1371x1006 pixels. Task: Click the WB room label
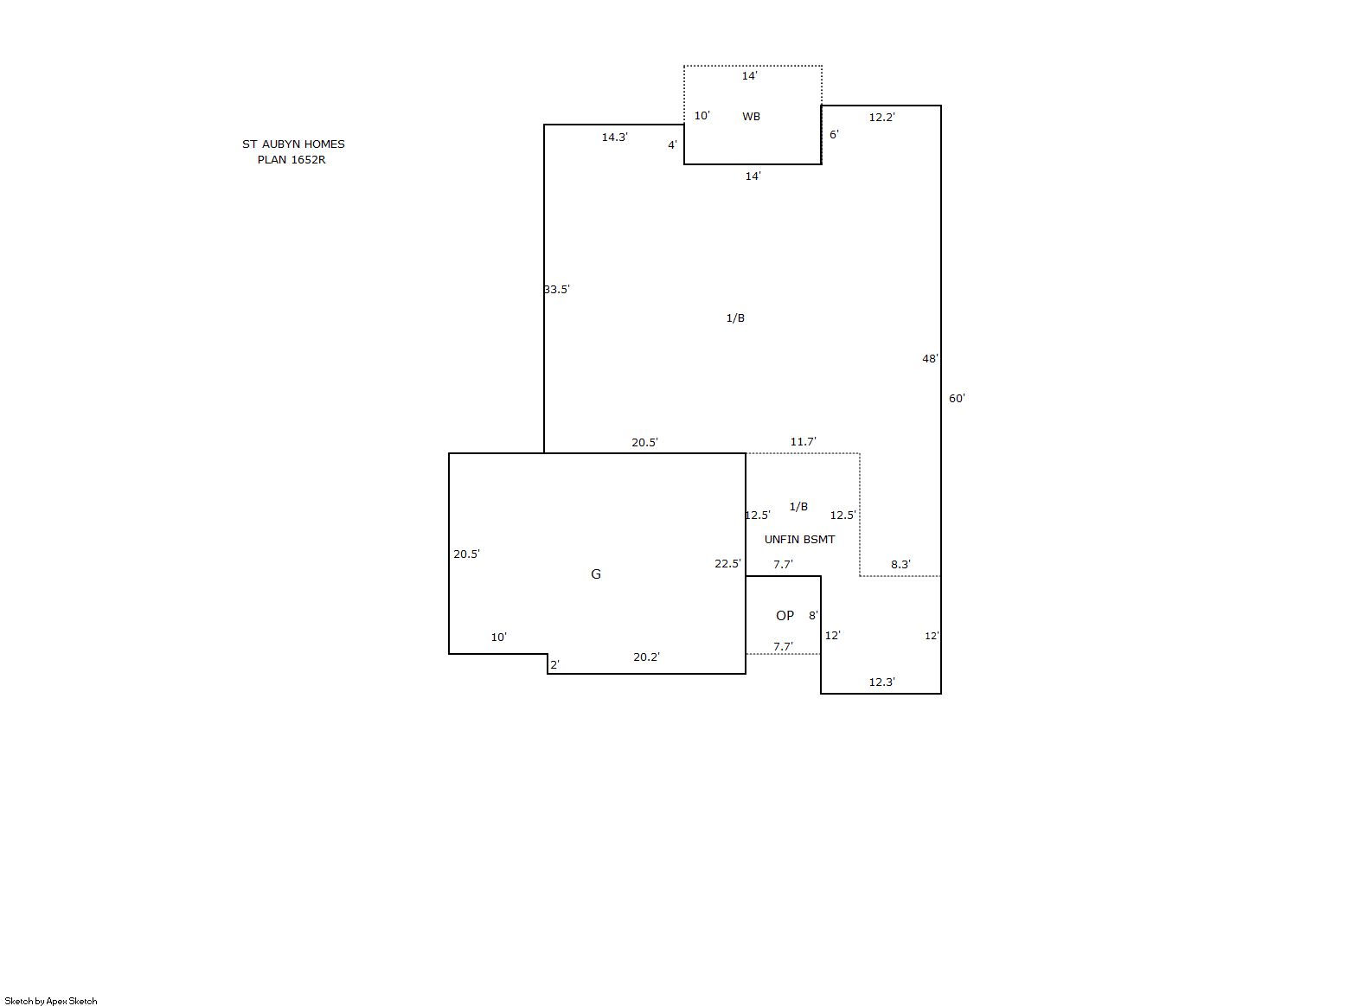tap(751, 116)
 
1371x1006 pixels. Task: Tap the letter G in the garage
tap(595, 574)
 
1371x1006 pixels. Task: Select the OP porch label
tap(785, 616)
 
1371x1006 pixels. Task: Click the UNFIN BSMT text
tap(799, 539)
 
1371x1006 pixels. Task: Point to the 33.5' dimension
tap(556, 290)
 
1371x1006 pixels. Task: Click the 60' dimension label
tap(957, 399)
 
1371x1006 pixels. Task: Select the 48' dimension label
tap(931, 359)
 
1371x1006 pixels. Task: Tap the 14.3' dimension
tap(614, 137)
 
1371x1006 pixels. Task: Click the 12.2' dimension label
tap(882, 117)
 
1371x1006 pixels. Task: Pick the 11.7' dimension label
tap(803, 441)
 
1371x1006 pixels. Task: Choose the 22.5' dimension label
tap(727, 564)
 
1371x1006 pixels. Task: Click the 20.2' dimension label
tap(646, 657)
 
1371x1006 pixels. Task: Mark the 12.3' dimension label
tap(882, 682)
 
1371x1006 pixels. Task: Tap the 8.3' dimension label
tap(900, 564)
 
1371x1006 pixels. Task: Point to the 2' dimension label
tap(554, 664)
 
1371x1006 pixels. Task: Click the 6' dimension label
tap(834, 134)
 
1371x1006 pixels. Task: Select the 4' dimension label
tap(672, 145)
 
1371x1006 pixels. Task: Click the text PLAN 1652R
tap(291, 160)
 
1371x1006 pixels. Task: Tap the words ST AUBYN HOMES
tap(293, 144)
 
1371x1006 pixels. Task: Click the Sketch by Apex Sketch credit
tap(51, 1001)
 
